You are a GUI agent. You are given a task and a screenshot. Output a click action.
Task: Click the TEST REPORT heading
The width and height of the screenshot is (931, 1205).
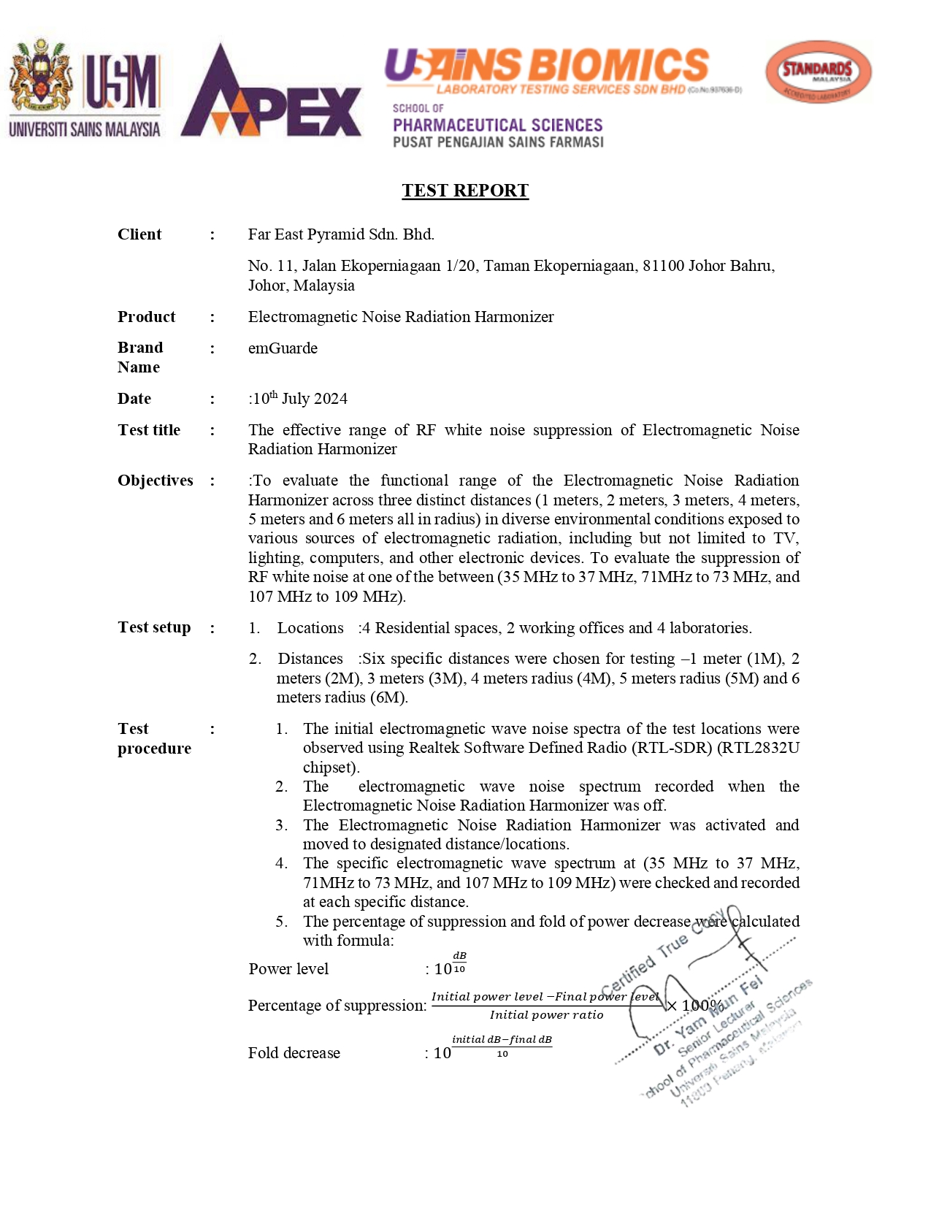465,191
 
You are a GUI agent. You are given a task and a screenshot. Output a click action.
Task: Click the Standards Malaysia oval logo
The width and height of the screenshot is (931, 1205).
818,72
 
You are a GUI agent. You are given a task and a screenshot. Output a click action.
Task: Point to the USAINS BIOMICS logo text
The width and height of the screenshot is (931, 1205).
547,66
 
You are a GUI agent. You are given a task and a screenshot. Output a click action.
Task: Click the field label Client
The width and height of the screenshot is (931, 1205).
139,234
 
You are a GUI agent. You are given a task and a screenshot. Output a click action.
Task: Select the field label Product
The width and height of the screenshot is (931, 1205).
146,317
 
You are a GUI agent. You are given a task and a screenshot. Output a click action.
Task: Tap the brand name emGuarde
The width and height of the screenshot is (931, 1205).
283,348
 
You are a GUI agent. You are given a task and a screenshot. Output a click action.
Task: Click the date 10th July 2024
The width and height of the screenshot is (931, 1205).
299,399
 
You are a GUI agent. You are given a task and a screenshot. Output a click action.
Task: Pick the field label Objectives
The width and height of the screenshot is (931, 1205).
156,481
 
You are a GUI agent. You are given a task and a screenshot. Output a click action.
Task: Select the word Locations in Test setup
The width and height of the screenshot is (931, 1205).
310,628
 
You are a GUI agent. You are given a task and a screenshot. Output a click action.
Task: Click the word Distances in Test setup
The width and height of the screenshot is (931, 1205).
310,659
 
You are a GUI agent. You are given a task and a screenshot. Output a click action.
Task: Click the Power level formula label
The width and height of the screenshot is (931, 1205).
288,969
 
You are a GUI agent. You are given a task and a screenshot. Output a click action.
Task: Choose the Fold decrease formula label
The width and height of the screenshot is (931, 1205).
294,1053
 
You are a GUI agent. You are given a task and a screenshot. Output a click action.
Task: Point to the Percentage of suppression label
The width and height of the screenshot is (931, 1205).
337,1006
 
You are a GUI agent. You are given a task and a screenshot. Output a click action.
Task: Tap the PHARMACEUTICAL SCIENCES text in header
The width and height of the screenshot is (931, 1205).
498,126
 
